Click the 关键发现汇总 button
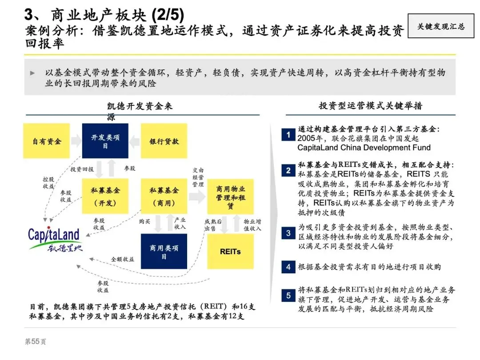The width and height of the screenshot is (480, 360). coord(440,26)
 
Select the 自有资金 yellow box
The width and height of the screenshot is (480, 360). coord(47,141)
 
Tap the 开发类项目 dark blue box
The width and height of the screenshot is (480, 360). coord(105,141)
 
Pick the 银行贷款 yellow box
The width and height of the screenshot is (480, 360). coord(164,141)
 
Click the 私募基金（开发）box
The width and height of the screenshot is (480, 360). coord(105,196)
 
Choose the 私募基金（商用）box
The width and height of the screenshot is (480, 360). coord(164,196)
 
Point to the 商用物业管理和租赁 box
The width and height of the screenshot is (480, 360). coord(231,197)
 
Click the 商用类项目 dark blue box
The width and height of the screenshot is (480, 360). coord(164,252)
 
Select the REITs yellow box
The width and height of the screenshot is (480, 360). coord(231,252)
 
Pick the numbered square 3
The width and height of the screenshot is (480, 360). coord(288,233)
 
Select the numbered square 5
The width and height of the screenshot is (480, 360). coord(288,295)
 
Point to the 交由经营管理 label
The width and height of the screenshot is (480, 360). coord(198,177)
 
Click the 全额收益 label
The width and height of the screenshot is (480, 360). coord(122,259)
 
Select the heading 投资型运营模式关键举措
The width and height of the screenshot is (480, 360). coord(371,106)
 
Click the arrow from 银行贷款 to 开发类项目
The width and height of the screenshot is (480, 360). coord(135,141)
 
